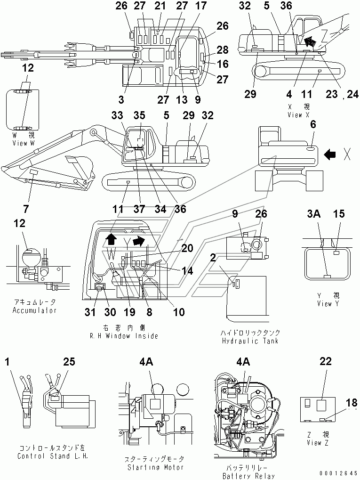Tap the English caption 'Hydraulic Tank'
click(250, 341)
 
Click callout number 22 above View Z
click(325, 362)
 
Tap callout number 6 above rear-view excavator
click(313, 124)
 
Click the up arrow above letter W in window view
click(111, 238)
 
